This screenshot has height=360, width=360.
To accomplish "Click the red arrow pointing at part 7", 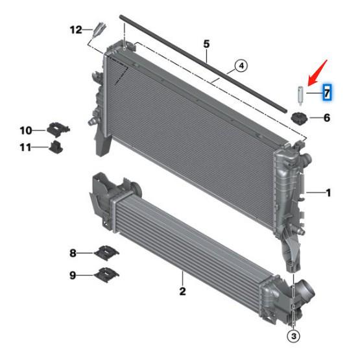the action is [x=317, y=73].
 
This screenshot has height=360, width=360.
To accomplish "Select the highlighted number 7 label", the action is [x=327, y=93].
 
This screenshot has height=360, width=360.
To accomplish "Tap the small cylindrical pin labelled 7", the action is [x=300, y=95].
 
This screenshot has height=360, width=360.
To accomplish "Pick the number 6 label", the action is [x=327, y=118].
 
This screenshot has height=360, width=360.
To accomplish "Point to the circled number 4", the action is [x=241, y=66].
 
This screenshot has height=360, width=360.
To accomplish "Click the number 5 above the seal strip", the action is [x=206, y=44].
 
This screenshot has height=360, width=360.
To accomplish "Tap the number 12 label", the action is [x=76, y=30].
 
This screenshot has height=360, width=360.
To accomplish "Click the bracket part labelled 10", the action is [x=58, y=130].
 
